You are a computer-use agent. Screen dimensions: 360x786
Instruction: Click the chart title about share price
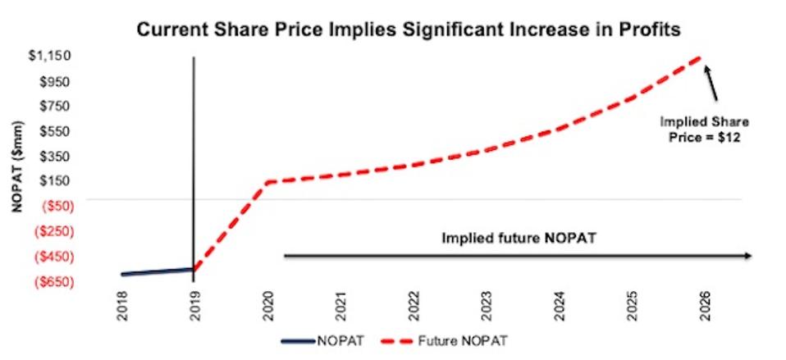click(x=409, y=30)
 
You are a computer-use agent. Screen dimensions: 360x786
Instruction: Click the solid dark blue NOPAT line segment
click(x=156, y=271)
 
